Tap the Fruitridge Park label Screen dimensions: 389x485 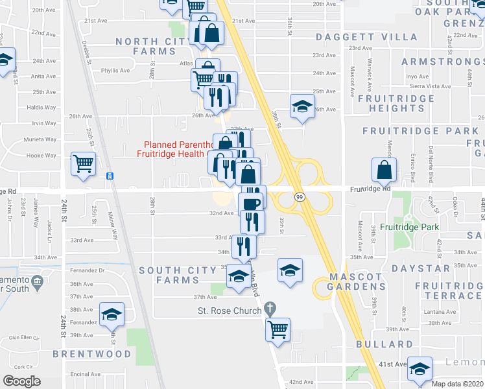(418, 227)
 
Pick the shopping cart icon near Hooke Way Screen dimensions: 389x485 (83, 165)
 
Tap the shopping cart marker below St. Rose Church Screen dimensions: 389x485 (278, 329)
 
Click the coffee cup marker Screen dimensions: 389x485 (251, 204)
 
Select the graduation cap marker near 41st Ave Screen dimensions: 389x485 (420, 368)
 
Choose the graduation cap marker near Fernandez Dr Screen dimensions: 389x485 (112, 314)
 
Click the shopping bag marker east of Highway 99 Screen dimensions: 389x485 (384, 170)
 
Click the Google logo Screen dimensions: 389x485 (21, 381)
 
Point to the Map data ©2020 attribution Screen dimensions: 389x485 (458, 384)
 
